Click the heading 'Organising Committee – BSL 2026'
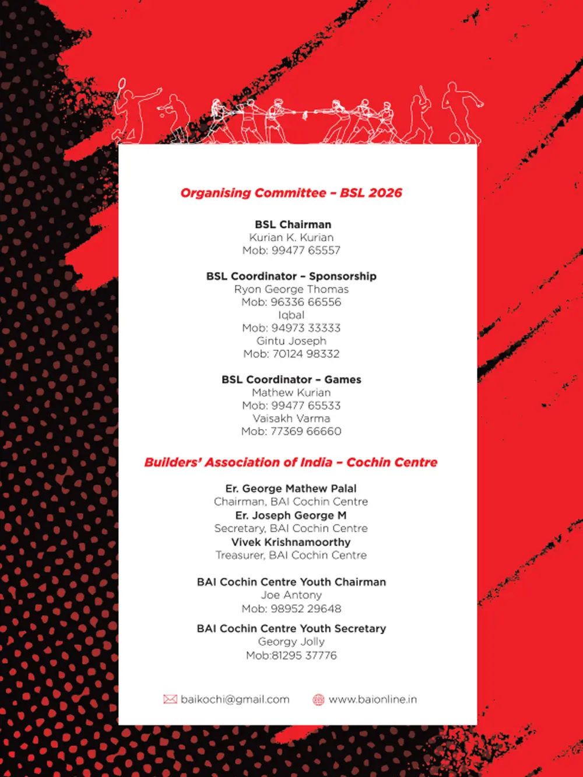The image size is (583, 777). [x=291, y=193]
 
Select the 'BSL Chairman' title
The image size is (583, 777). [x=293, y=224]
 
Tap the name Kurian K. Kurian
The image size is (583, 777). [x=291, y=237]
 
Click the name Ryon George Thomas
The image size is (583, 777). [x=291, y=289]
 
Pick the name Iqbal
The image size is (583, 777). [x=291, y=315]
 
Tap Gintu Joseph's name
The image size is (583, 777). [x=291, y=340]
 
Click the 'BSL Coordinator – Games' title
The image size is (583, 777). [x=291, y=379]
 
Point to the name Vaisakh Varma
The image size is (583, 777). [x=291, y=418]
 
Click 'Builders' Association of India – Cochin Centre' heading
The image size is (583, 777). [x=291, y=462]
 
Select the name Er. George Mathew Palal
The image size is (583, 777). [x=291, y=488]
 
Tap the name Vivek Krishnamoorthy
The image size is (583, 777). [x=291, y=542]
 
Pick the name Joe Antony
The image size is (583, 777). [x=291, y=595]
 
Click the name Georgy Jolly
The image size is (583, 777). [x=291, y=641]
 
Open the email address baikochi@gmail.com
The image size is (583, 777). [x=235, y=699]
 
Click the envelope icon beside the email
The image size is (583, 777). [x=170, y=699]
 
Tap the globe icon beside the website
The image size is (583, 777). [x=318, y=699]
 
